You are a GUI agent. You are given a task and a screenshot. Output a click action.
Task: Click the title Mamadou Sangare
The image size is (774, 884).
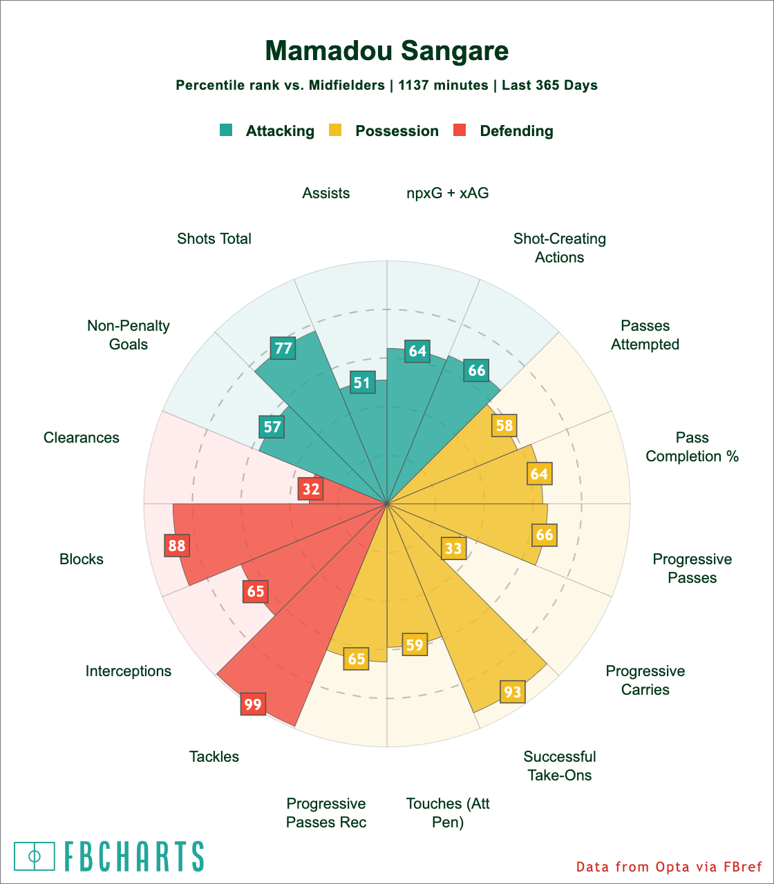pos(387,51)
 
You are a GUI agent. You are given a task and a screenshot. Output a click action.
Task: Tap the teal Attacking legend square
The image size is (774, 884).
pos(226,130)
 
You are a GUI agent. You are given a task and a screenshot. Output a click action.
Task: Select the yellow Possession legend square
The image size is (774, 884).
pos(335,130)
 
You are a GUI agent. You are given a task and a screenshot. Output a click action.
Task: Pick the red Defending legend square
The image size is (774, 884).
pos(460,130)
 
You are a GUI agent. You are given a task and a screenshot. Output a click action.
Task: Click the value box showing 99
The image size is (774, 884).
pos(253,704)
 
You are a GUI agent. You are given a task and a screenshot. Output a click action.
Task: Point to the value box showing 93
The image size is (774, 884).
pos(513,691)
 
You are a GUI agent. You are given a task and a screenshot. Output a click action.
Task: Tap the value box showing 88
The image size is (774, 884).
pos(177,546)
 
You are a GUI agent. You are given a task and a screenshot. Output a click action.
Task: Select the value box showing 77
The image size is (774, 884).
pos(283,348)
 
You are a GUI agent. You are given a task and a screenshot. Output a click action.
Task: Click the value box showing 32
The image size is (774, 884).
pos(311,489)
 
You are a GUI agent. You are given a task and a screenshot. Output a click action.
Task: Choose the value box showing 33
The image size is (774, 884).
pos(453,548)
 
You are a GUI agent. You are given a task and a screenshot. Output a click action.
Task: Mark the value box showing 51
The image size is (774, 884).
pos(362,383)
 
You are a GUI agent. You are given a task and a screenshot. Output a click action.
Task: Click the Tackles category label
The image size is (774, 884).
pos(214,757)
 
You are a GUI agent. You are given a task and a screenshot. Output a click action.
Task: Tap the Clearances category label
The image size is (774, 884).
pos(82,438)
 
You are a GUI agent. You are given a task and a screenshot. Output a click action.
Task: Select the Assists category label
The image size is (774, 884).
pos(326,193)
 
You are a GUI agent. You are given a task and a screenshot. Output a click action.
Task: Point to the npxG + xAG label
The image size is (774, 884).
pos(448,193)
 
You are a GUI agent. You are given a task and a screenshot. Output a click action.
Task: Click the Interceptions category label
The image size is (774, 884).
pos(129,671)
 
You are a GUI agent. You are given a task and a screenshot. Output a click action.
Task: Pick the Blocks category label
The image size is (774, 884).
pos(82,559)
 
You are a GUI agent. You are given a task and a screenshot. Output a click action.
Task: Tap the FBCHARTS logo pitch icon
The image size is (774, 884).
pos(35,856)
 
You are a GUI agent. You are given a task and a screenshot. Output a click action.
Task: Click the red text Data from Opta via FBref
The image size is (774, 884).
pos(669,867)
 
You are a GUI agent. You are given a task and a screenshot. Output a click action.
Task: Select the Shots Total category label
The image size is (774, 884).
pos(214,239)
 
